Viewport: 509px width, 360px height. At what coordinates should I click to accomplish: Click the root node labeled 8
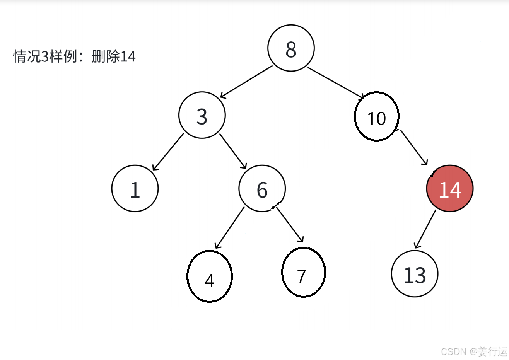[291, 48]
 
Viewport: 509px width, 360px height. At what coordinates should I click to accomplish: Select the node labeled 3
[202, 115]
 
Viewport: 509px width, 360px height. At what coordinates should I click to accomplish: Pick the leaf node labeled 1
[135, 189]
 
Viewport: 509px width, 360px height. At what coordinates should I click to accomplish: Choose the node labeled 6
[262, 189]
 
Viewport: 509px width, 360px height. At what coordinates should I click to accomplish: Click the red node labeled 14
[450, 189]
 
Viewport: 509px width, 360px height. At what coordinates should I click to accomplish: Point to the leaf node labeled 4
[210, 276]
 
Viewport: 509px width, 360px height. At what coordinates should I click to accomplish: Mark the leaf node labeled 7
[304, 273]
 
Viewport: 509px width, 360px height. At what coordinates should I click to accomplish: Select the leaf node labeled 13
[415, 274]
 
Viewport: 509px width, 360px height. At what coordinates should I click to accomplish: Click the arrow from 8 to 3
[246, 82]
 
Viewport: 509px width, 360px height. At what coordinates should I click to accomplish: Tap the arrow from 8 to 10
[336, 82]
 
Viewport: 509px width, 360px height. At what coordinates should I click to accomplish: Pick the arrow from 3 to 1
[168, 152]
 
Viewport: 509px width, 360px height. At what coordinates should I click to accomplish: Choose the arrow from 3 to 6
[233, 151]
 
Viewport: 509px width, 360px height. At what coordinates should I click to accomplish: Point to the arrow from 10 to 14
[414, 148]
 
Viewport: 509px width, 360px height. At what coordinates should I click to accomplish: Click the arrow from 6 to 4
[230, 228]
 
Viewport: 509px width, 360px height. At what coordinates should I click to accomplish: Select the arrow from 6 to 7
[290, 225]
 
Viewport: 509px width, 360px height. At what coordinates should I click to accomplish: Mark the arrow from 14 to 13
[425, 229]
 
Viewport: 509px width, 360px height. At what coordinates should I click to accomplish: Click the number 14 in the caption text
[128, 57]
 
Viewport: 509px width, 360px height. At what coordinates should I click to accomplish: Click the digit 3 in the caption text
[44, 57]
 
